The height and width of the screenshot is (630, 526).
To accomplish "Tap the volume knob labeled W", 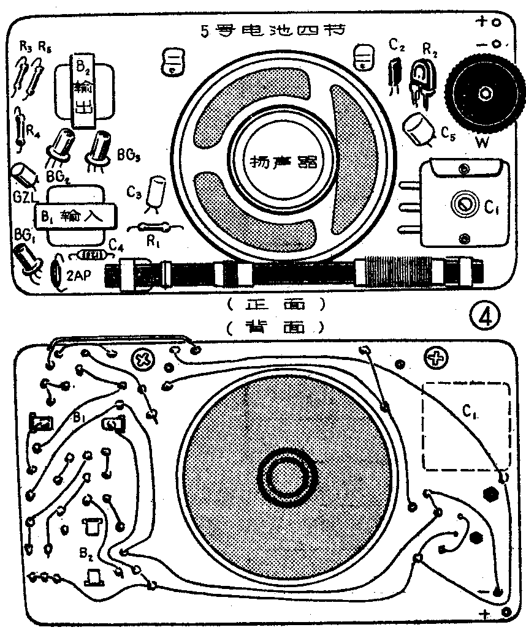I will (485, 94).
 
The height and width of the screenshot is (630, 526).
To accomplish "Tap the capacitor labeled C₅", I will (419, 130).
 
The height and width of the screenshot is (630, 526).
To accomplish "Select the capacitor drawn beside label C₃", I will (158, 190).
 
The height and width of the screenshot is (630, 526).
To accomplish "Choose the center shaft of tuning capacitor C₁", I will (462, 202).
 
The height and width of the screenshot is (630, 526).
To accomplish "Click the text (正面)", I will (274, 303).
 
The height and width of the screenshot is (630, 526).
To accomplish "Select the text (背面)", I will (274, 328).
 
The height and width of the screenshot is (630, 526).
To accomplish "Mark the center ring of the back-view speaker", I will (284, 478).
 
